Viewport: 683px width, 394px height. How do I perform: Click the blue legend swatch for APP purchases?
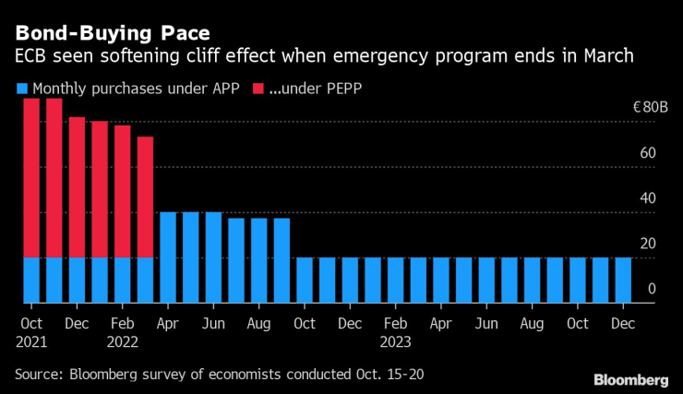pos(22,90)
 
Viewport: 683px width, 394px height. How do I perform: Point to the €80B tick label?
pos(650,108)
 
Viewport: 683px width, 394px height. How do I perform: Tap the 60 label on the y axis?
pos(649,153)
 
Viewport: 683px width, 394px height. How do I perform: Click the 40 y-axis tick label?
pos(649,198)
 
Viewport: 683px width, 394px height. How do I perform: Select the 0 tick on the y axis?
pos(652,289)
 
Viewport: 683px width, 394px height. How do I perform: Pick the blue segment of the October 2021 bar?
pos(31,281)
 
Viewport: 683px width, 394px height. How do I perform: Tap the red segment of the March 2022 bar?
pos(145,197)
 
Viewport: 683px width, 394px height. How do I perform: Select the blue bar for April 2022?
pos(168,257)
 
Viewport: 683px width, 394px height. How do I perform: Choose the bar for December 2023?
pos(624,281)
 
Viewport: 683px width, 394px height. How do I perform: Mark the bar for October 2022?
pos(305,281)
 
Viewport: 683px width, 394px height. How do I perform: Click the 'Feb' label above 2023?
pos(396,324)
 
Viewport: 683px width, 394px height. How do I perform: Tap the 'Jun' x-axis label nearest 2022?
pos(213,324)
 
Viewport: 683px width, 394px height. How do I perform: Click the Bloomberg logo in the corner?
pos(631,380)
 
